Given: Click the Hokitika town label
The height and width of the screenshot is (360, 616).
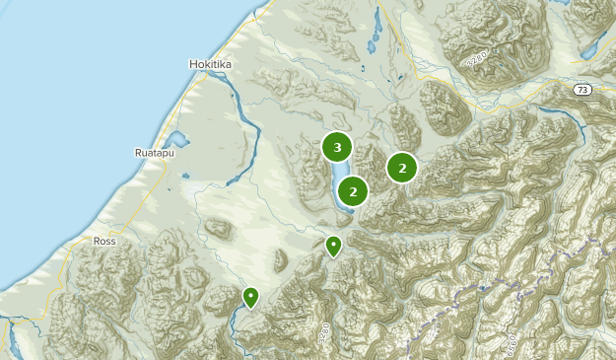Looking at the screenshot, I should (210, 64).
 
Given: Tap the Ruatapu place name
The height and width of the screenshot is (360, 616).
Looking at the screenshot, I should (153, 153).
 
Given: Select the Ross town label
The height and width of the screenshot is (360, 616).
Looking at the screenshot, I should (104, 241).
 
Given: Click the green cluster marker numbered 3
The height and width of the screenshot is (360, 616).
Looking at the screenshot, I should (337, 148).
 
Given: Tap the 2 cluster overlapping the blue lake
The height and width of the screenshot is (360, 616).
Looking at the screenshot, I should (353, 191).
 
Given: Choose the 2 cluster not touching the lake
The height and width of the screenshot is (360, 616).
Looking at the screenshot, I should (402, 168).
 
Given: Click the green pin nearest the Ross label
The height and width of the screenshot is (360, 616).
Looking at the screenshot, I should (251, 296).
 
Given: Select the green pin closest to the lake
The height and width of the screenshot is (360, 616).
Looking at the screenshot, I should (334, 245).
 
